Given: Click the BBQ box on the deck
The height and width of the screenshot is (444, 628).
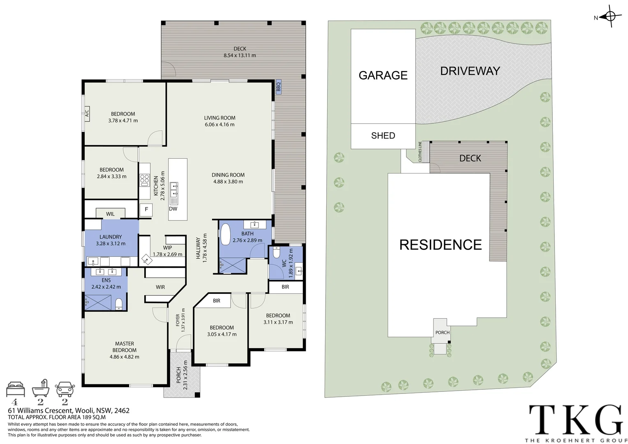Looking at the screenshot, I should point(278,87).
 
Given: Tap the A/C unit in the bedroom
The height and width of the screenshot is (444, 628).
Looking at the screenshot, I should point(87,112).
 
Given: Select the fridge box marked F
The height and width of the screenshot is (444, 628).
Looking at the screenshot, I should point(146,210).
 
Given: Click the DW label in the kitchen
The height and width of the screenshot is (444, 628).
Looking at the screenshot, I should point(173,209).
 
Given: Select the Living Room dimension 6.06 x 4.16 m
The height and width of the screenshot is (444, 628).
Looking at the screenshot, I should point(219,125).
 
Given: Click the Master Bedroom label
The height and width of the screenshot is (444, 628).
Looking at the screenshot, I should point(125,347).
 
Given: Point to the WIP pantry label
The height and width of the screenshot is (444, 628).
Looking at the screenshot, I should point(167,248).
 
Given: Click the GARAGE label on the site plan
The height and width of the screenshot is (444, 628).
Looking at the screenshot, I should point(383,75).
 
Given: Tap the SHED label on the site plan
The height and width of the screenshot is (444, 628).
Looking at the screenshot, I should point(383,136).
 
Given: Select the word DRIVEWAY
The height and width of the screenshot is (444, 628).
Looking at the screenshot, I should point(470,71).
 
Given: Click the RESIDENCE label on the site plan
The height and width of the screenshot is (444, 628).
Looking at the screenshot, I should point(441,245).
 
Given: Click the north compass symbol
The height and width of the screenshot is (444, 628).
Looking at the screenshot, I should point(610,17).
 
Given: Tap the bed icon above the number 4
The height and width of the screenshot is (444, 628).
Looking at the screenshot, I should point(16,388).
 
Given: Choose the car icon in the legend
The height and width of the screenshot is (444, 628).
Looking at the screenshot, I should point(65,389).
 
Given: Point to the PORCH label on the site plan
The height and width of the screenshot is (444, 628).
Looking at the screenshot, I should point(442,333).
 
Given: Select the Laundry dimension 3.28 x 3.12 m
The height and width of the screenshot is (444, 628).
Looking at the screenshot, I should point(111,244).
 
